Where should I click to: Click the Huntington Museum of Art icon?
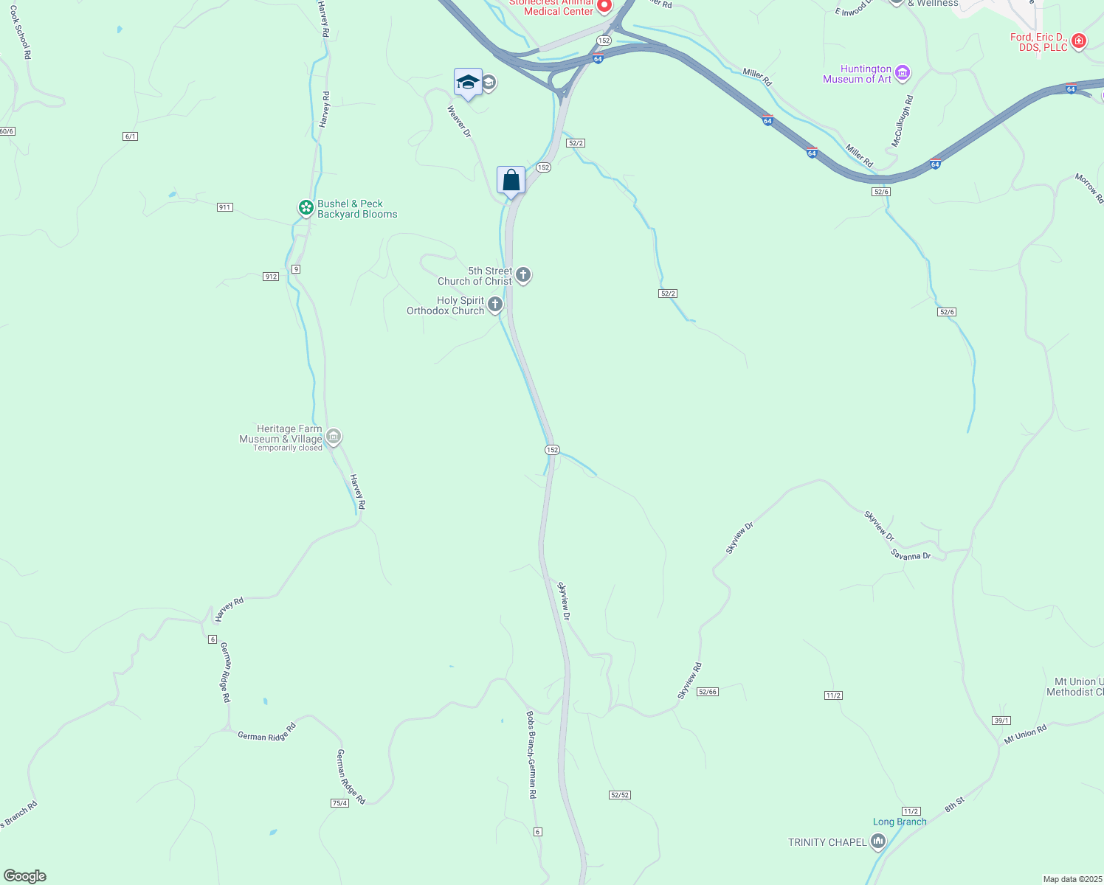click(x=903, y=73)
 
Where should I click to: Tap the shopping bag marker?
click(x=511, y=180)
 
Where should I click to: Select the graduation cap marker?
click(x=468, y=82)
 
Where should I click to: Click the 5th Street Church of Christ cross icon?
click(x=523, y=275)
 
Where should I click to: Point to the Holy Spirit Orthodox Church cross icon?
click(x=495, y=305)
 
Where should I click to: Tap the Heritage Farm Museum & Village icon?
click(x=334, y=437)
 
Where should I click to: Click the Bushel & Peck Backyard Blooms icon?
click(x=306, y=208)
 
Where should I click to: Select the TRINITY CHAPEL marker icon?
click(x=878, y=841)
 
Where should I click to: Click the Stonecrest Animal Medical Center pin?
click(x=604, y=6)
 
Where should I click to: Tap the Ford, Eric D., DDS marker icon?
click(x=1078, y=41)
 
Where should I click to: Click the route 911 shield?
click(x=225, y=207)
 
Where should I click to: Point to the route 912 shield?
click(x=271, y=277)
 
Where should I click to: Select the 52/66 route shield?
click(x=707, y=692)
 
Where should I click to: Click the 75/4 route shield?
click(x=339, y=803)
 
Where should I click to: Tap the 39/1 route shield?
click(x=1001, y=721)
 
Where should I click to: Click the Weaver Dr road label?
click(x=458, y=121)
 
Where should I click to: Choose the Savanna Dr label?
click(x=911, y=555)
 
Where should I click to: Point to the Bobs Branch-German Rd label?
click(x=531, y=754)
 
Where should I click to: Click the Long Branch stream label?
click(x=900, y=822)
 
